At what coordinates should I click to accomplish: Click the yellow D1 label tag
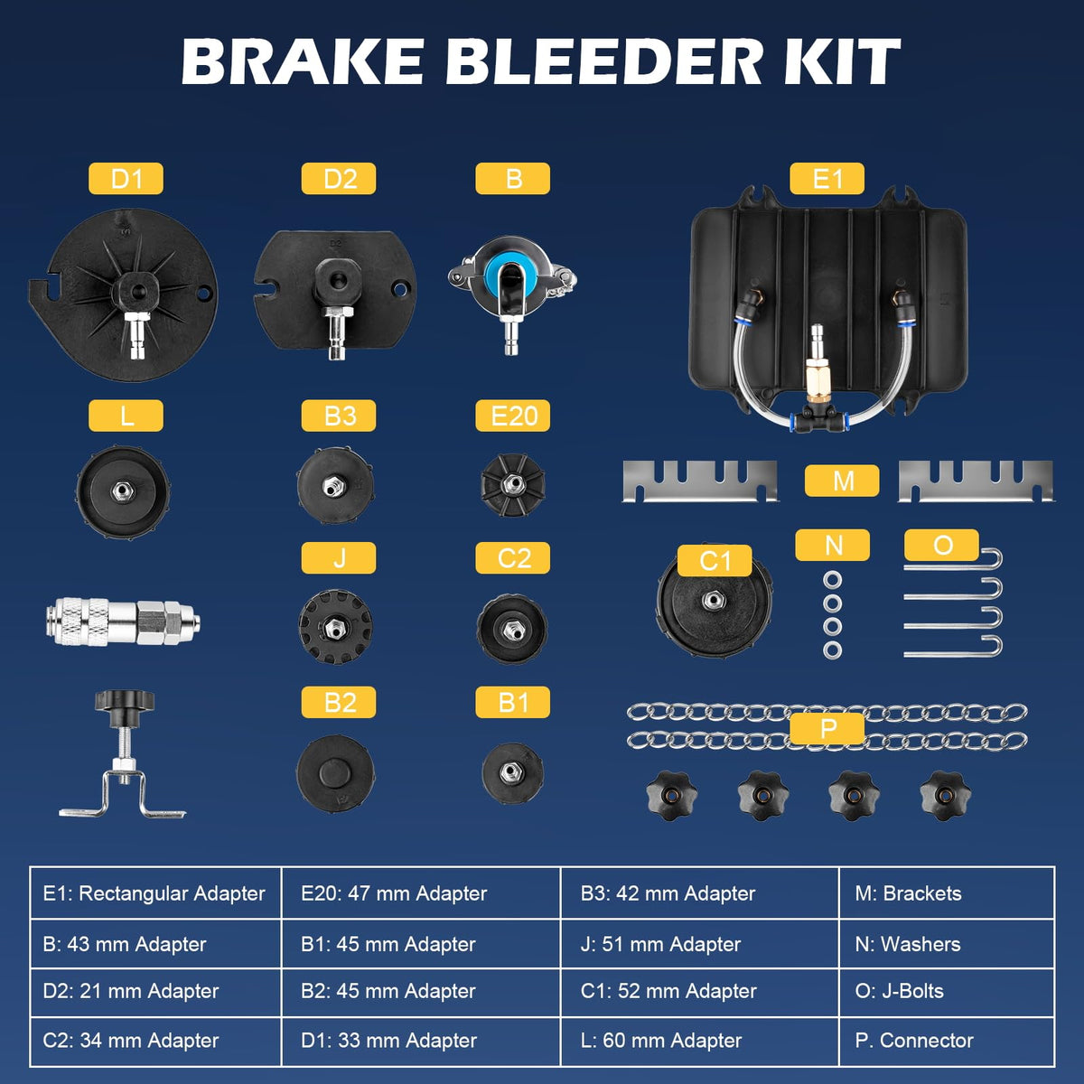coord(126,178)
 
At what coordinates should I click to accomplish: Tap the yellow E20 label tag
coord(512,416)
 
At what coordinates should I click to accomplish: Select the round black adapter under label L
coord(123,491)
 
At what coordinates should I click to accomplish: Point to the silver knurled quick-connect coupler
coord(123,621)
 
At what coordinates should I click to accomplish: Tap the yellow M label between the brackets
coord(842,481)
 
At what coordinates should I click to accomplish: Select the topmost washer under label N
coord(833,579)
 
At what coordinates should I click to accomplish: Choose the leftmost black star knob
coord(672,796)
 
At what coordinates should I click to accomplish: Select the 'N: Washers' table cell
coord(947,944)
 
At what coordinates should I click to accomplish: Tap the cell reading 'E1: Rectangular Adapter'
coord(155,893)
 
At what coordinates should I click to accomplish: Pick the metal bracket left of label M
coord(700,481)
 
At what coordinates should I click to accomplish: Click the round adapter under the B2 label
coord(335,773)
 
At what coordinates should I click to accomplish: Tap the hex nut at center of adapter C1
coord(713,600)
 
